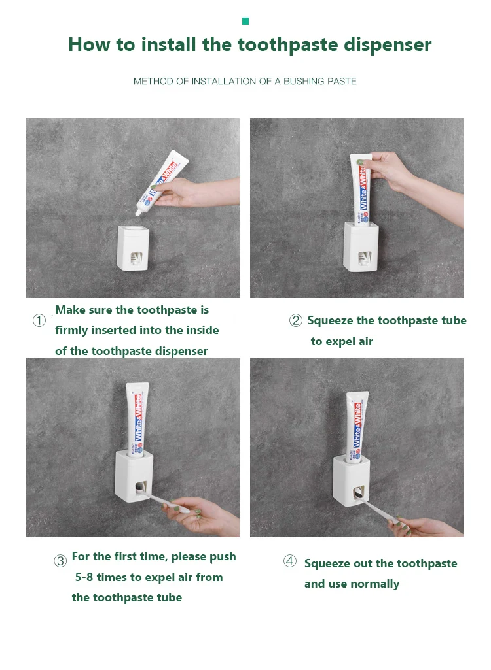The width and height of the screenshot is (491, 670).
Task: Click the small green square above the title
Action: tap(245, 22)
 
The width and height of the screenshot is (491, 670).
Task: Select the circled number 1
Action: tap(39, 320)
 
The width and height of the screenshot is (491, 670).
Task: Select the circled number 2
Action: tap(296, 320)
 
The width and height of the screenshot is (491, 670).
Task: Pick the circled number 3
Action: tap(60, 561)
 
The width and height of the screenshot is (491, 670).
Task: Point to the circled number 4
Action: tap(290, 561)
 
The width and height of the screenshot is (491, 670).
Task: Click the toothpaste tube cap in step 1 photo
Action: tap(139, 213)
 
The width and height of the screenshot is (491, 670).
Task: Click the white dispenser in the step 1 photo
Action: tap(133, 248)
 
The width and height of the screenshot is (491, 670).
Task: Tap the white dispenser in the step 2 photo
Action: tap(361, 246)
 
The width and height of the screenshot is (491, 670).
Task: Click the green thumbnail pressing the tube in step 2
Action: tap(362, 162)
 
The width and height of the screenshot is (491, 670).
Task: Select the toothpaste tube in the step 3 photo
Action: tap(137, 420)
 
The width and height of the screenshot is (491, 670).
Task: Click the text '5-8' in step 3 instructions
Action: tap(84, 577)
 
